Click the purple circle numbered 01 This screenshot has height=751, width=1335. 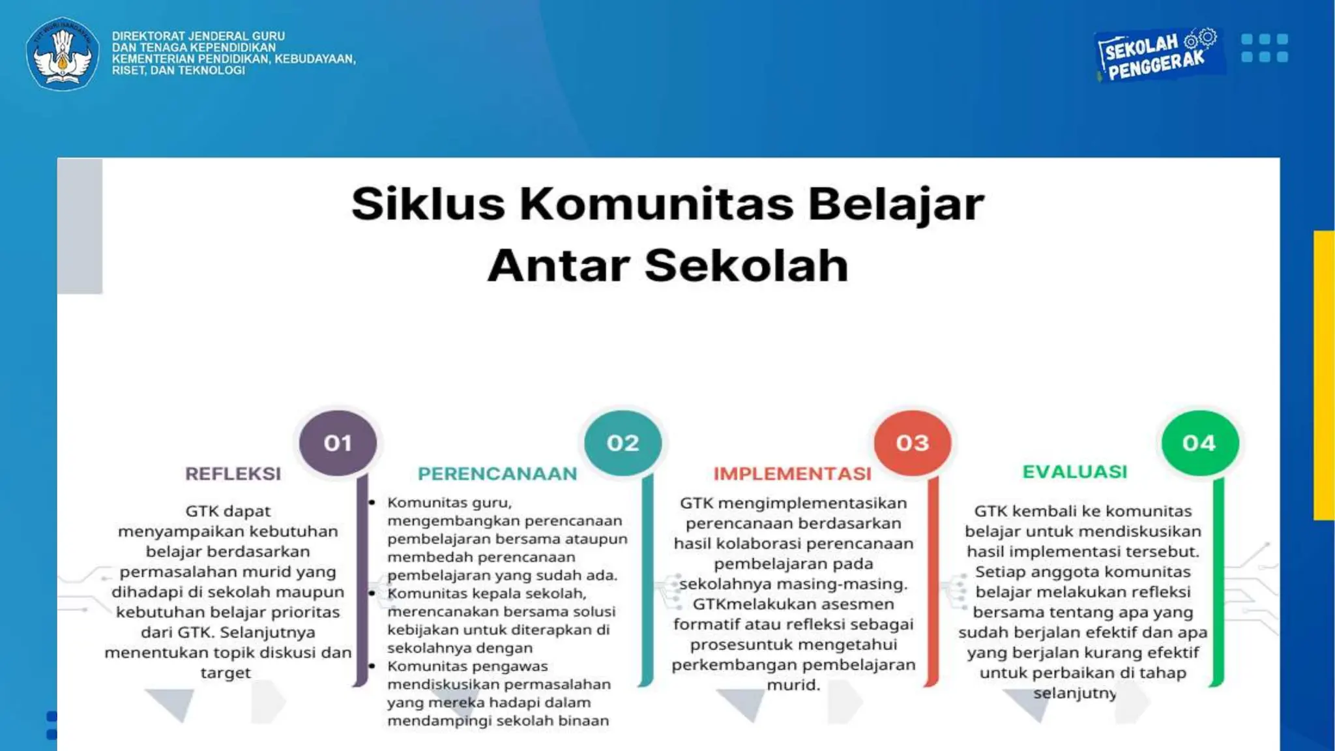pos(338,443)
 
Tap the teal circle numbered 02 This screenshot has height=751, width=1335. pos(623,443)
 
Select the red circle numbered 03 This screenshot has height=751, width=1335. pos(912,443)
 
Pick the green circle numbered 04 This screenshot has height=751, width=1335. pos(1199,443)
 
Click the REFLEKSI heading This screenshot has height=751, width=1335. pos(233,473)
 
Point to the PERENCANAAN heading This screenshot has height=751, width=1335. pos(497,473)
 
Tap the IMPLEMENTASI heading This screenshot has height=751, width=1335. pos(792,473)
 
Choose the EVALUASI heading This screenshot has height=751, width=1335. pos(1074,471)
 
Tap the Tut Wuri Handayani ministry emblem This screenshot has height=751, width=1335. pos(63,53)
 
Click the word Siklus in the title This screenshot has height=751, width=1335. pos(428,204)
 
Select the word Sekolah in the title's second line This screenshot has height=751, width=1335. pos(746,265)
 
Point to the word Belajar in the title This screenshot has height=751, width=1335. pos(896,204)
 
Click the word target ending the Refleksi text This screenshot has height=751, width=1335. pos(226,673)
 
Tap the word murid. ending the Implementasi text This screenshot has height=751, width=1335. pos(793,685)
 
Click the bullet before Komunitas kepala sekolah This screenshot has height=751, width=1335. pos(372,593)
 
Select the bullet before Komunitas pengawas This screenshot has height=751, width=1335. pos(372,666)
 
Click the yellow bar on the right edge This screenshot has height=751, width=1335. pos(1324,375)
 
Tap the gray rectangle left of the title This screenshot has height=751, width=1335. pos(80,226)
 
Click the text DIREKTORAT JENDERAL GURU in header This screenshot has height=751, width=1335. pos(198,36)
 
